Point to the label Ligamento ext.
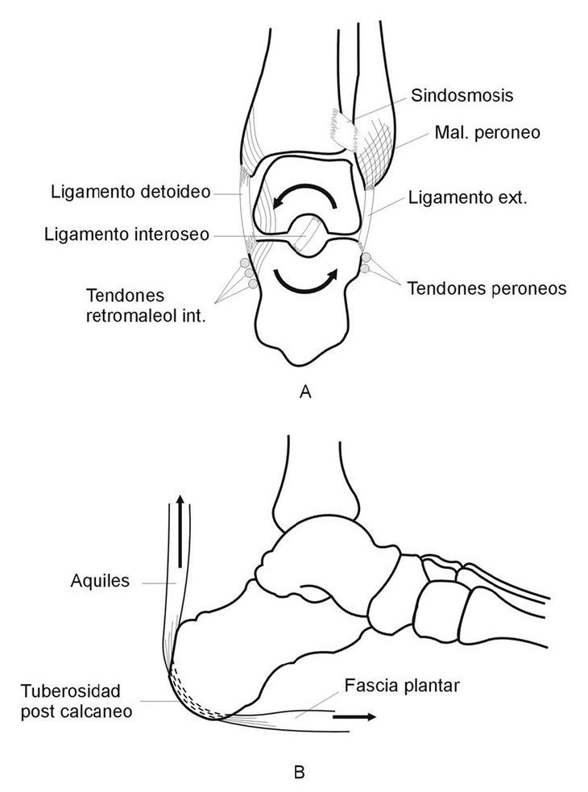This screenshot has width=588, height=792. pos(467,197)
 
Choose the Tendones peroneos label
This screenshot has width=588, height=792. pos(474,288)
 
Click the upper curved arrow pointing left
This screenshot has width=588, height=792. pos(303,193)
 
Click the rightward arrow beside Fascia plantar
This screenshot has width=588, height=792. pos(353,715)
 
